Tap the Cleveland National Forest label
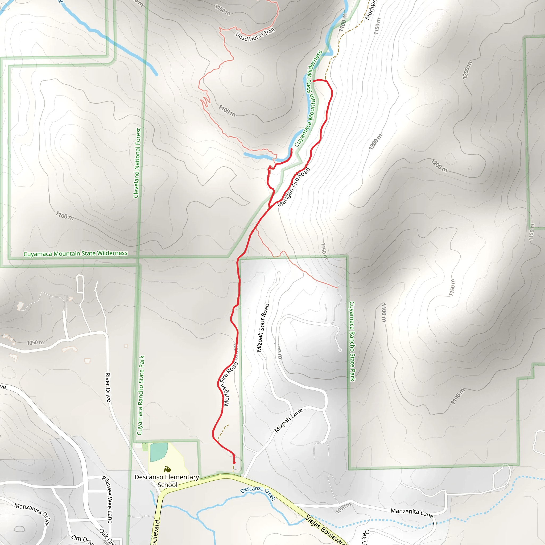[137, 163]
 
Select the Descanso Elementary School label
[167, 481]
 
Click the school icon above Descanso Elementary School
[167, 469]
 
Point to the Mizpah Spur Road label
[263, 328]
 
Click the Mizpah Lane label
[288, 420]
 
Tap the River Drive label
[108, 387]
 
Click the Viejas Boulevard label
[325, 530]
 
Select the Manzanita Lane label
[412, 513]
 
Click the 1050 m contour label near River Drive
[35, 342]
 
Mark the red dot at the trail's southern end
[234, 463]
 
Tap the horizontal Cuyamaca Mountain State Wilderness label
[76, 253]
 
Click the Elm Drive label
[82, 539]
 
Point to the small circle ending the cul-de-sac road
[340, 350]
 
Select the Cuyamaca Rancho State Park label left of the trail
[141, 395]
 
